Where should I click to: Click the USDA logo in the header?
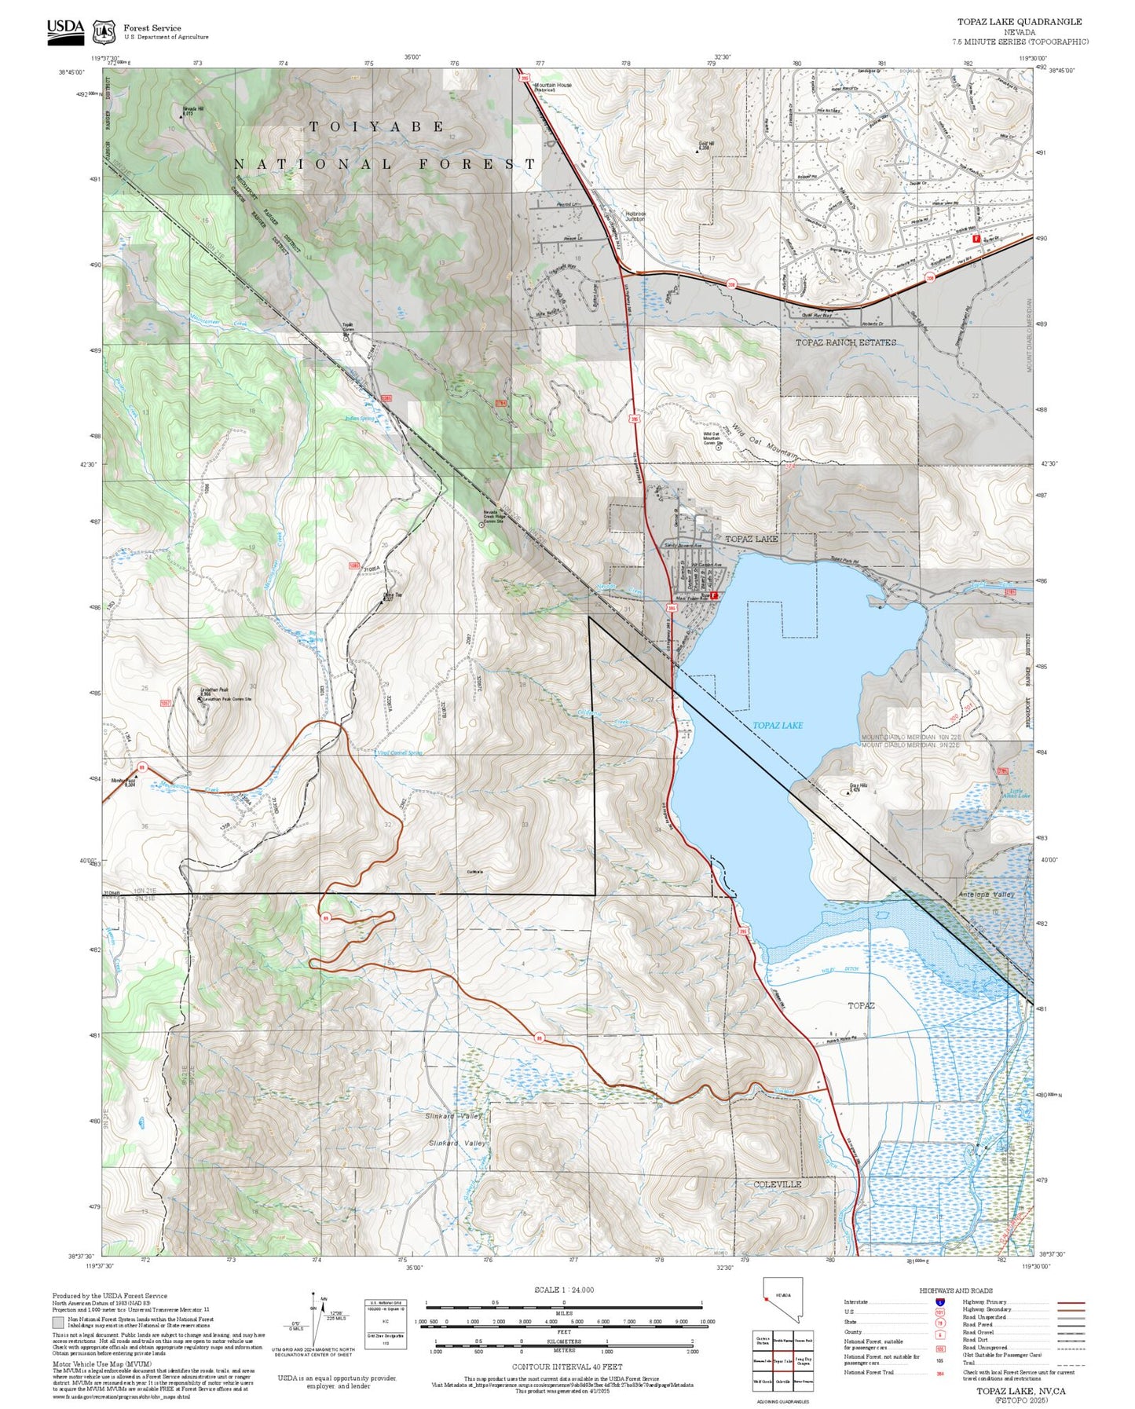[65, 29]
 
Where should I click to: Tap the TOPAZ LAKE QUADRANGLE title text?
[1019, 22]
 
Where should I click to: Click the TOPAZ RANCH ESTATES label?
[845, 342]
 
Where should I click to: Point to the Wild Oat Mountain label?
[764, 441]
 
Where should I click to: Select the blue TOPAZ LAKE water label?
[778, 725]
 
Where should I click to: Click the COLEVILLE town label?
[777, 1184]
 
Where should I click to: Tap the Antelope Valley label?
[987, 894]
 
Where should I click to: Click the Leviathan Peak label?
[213, 690]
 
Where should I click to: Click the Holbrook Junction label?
[635, 216]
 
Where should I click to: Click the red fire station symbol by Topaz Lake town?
[714, 596]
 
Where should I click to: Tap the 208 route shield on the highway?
[731, 284]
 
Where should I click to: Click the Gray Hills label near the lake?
[858, 785]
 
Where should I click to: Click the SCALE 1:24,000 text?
[563, 1290]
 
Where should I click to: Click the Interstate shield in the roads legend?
[939, 1302]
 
